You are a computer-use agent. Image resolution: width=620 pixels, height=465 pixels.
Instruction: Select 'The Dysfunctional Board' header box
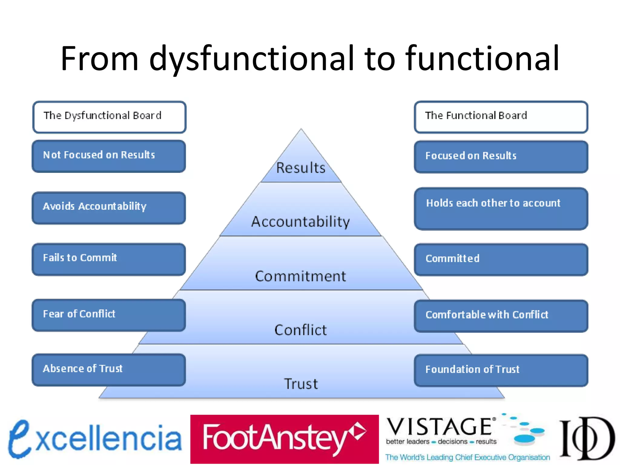[109, 117]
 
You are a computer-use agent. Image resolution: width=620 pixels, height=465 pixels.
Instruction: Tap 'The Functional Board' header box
[501, 117]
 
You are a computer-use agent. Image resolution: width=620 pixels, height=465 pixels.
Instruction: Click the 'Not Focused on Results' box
[109, 156]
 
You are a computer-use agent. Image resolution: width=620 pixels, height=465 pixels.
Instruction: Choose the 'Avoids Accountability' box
[109, 208]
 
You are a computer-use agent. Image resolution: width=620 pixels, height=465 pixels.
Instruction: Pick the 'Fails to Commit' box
[109, 259]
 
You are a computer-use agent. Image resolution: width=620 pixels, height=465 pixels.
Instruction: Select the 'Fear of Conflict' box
[109, 315]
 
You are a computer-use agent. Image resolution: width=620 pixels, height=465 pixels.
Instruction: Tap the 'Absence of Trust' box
[109, 370]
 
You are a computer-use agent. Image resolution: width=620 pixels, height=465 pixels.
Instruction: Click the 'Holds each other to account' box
[501, 209]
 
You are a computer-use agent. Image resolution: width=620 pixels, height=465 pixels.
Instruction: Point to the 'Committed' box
[501, 259]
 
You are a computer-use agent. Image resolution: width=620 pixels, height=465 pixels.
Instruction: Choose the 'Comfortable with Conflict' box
[501, 316]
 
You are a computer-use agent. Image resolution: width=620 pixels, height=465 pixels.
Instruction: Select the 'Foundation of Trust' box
[501, 370]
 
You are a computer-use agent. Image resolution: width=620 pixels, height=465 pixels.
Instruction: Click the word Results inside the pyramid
[301, 168]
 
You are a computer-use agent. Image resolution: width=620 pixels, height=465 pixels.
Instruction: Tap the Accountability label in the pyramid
[301, 222]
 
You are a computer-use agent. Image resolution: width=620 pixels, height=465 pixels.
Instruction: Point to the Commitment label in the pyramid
[301, 276]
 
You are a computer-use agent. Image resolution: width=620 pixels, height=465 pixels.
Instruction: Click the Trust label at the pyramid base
[301, 384]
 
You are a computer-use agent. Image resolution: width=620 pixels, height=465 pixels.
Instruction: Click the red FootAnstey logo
[284, 439]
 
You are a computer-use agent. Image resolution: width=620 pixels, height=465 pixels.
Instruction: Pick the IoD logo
[587, 438]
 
